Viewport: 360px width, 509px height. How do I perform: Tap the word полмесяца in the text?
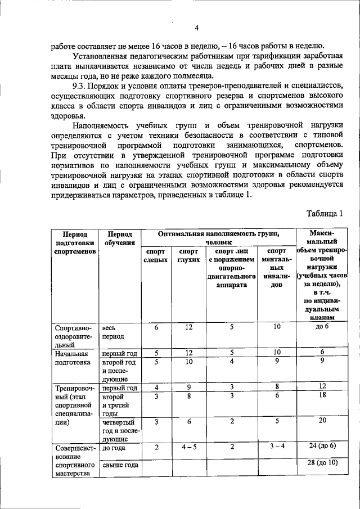191,75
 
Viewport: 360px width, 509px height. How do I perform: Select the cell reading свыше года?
119,465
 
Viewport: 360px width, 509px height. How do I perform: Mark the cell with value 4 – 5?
189,447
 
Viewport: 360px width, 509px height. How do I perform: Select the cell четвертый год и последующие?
118,429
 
